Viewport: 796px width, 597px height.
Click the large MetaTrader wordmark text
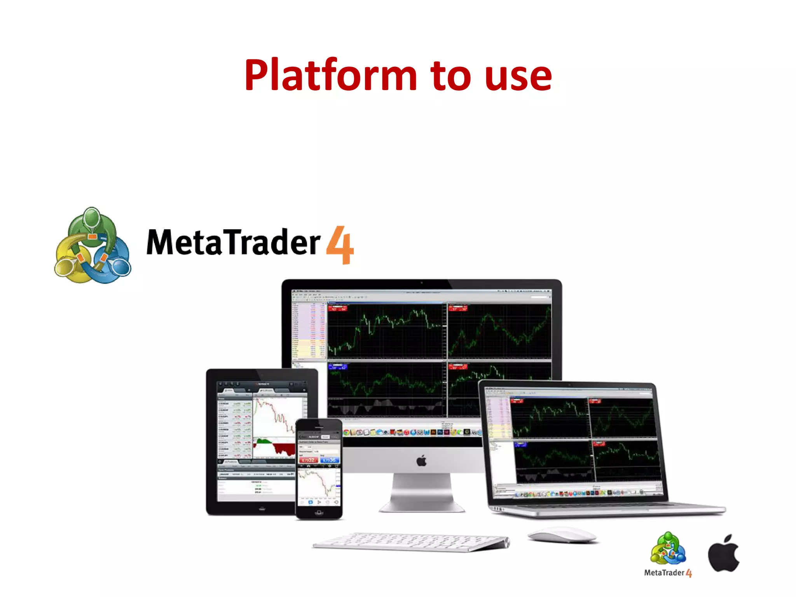coord(233,243)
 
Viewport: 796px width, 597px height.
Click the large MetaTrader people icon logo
coord(93,246)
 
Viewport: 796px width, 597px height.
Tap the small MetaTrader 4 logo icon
coord(668,548)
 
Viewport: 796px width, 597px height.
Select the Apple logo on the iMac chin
coord(421,461)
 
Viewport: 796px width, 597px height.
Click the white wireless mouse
coord(562,535)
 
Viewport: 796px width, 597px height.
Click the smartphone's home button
coord(319,513)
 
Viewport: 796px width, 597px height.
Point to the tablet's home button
coord(262,508)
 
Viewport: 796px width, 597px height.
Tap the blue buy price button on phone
coord(330,460)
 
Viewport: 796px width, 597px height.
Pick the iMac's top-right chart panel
coord(499,331)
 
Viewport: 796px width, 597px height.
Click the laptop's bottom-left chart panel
coord(554,461)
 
